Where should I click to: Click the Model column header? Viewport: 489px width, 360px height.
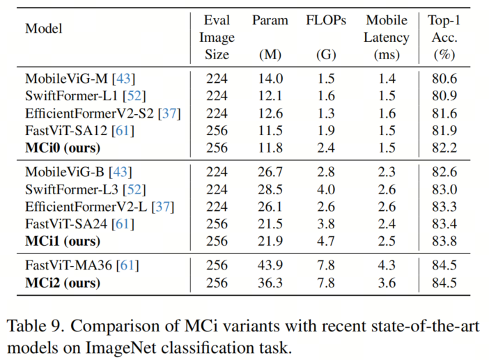pyautogui.click(x=43, y=29)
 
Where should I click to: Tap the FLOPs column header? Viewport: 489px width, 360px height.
pyautogui.click(x=326, y=20)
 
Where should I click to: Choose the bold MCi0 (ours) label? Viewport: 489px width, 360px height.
pyautogui.click(x=63, y=147)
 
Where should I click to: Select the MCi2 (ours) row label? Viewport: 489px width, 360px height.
pyautogui.click(x=63, y=283)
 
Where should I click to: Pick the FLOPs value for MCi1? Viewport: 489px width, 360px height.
pyautogui.click(x=326, y=241)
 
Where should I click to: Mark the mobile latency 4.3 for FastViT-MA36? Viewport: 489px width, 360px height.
pyautogui.click(x=387, y=265)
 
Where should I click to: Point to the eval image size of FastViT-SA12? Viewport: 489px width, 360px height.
pyautogui.click(x=217, y=130)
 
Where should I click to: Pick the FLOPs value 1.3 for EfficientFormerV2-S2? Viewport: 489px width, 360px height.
pyautogui.click(x=326, y=113)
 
